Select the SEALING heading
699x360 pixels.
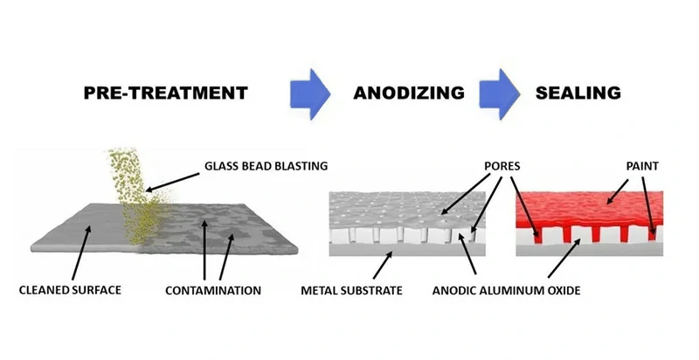579,93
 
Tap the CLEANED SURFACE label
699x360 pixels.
71,289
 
